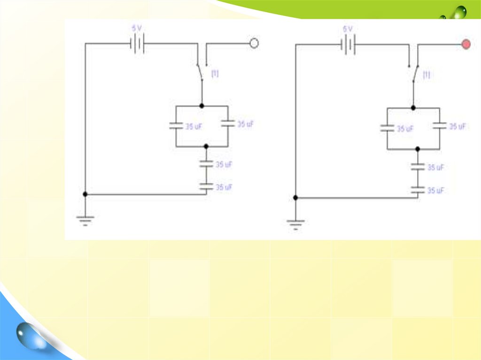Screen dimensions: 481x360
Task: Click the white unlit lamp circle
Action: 254,44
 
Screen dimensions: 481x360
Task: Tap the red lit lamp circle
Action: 466,45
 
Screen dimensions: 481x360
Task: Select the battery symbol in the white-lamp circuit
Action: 137,44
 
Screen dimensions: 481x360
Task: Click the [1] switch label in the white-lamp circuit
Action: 215,73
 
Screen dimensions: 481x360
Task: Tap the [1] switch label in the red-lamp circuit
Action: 427,75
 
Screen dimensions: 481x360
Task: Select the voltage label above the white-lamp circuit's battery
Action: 137,28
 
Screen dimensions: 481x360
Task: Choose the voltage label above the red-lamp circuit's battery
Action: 348,29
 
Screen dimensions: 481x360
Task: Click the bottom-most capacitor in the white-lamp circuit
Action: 206,186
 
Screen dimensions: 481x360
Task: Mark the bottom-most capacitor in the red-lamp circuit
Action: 418,190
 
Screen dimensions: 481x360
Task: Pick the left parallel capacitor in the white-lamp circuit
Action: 176,125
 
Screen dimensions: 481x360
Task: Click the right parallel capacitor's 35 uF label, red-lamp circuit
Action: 458,127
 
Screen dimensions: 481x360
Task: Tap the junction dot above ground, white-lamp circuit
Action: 85,194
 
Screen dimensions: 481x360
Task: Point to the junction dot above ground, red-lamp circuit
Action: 295,198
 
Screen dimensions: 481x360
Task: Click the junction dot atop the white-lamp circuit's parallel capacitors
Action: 202,106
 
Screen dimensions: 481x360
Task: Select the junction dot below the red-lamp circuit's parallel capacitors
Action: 418,149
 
